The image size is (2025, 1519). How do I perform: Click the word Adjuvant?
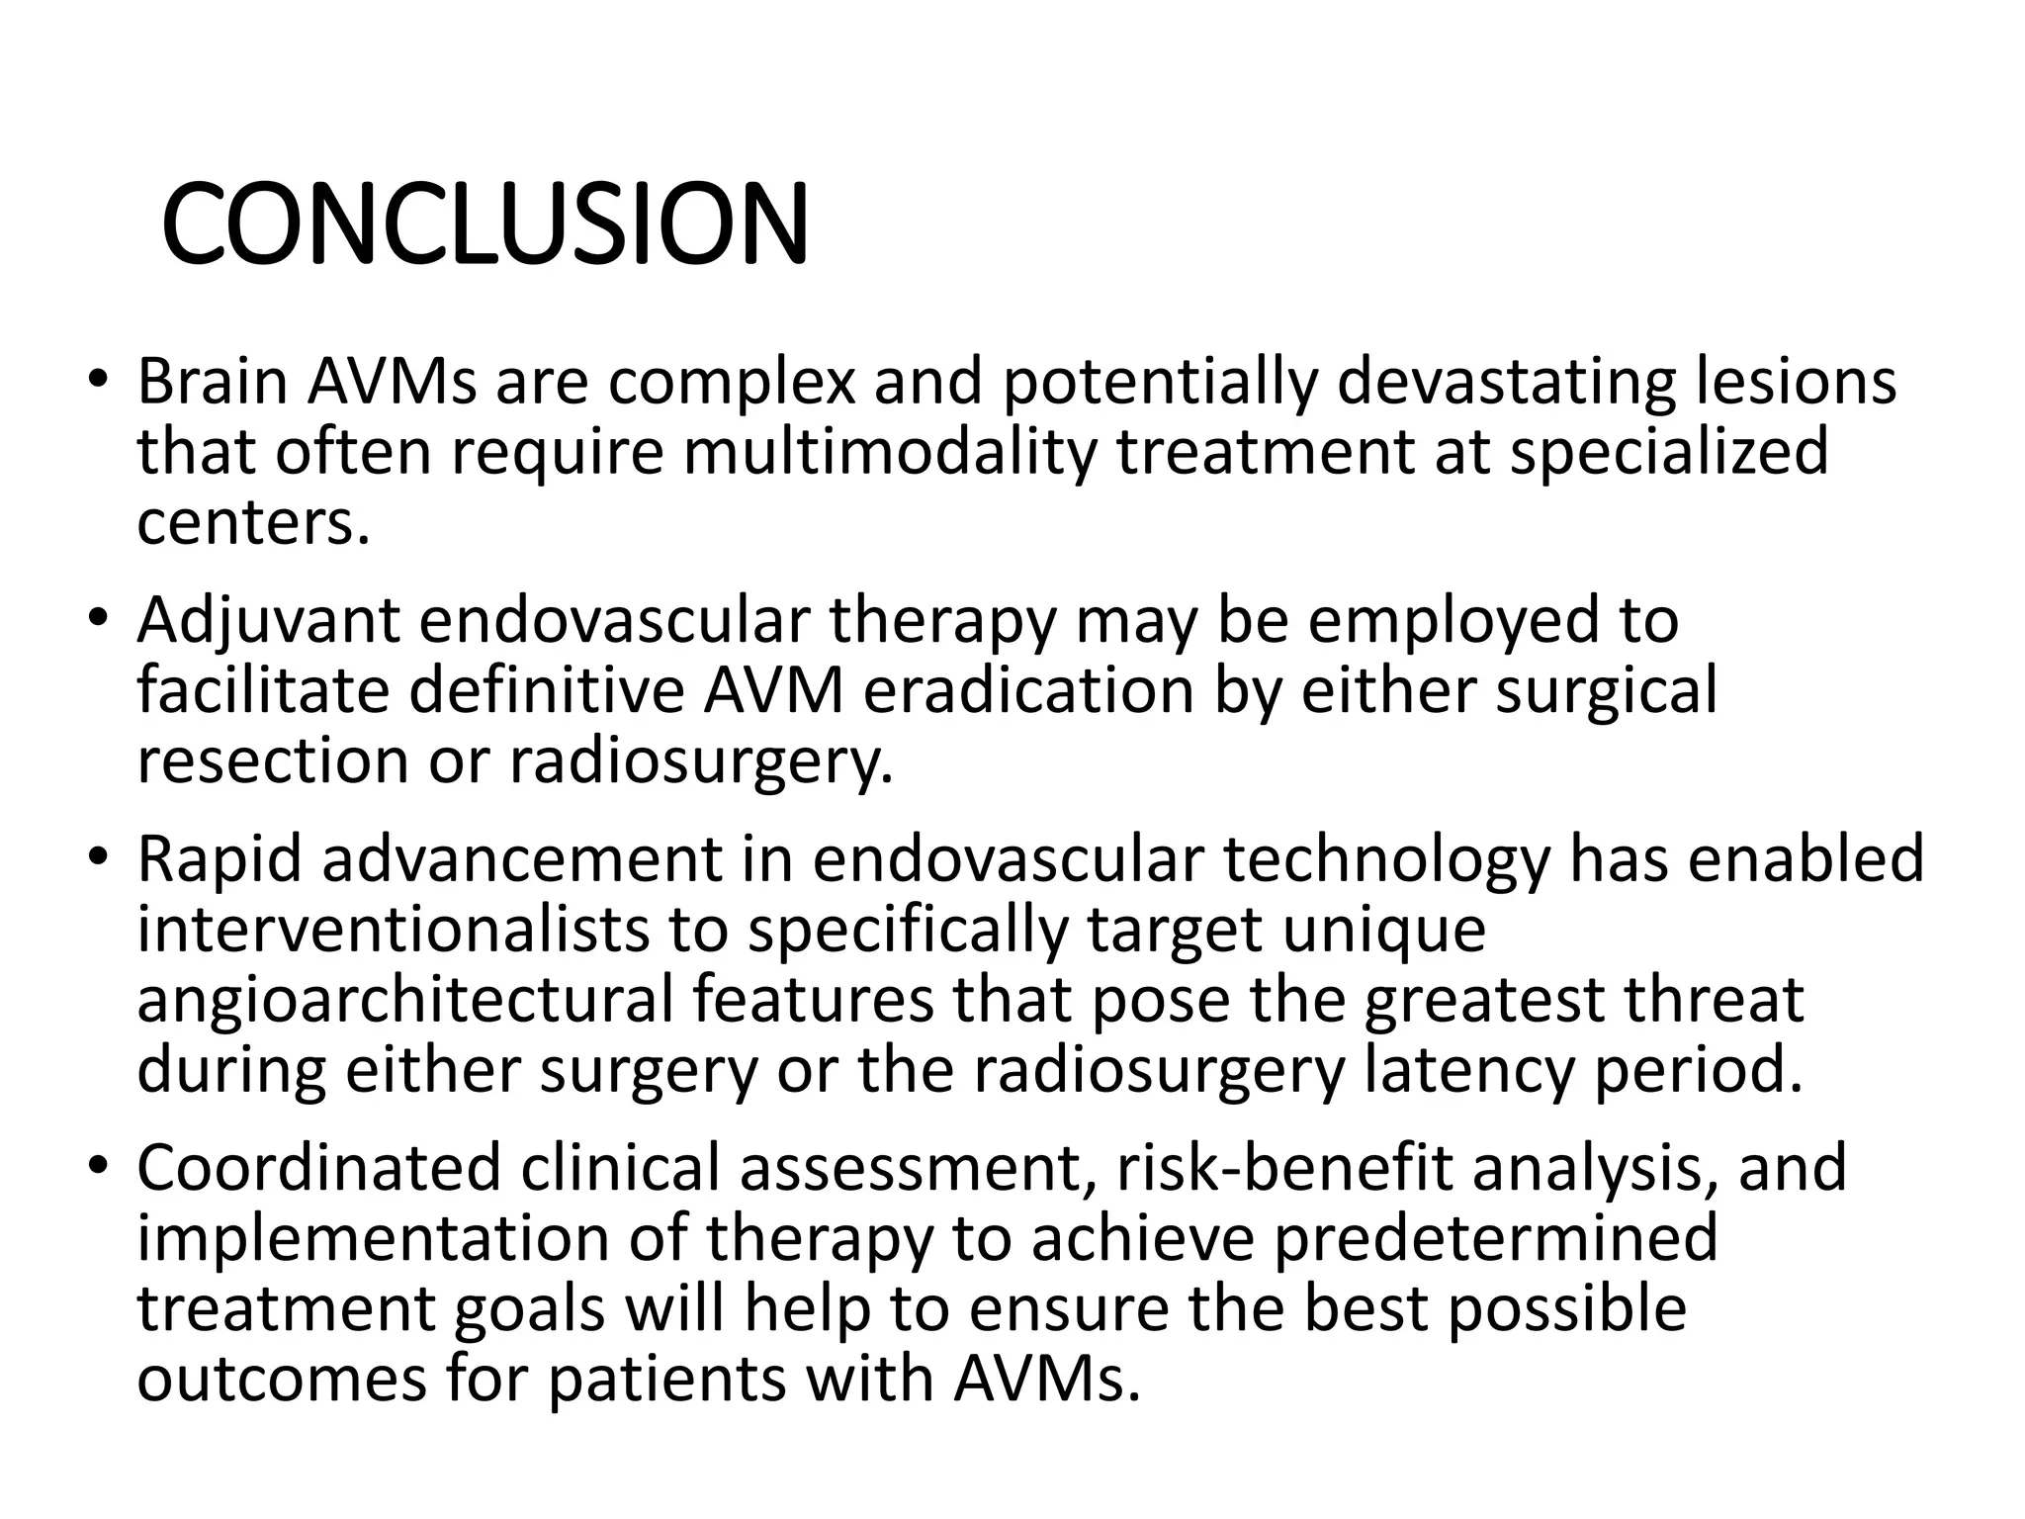coord(268,621)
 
